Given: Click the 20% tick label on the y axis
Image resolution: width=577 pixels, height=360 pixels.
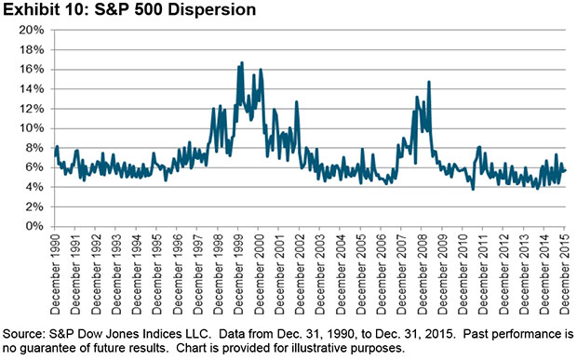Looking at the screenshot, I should [x=31, y=30].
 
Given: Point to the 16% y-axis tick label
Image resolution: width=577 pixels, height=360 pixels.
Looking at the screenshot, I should [x=31, y=69].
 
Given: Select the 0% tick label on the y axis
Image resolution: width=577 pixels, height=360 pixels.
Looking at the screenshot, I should [x=34, y=226].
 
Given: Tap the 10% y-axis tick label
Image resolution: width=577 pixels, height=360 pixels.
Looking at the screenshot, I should [x=31, y=127].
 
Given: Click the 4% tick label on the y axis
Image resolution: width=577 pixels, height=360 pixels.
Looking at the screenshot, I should [x=34, y=187].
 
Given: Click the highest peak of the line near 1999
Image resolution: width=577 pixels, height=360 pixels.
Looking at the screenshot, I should [x=242, y=62].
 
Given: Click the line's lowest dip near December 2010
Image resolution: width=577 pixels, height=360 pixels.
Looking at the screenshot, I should [x=473, y=189].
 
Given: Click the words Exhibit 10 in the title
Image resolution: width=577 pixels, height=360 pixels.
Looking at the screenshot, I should [x=43, y=10].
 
